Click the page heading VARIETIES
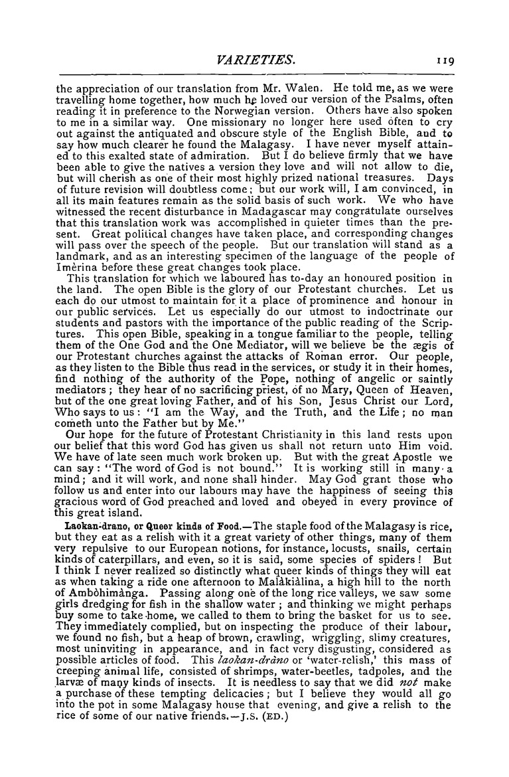254,61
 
